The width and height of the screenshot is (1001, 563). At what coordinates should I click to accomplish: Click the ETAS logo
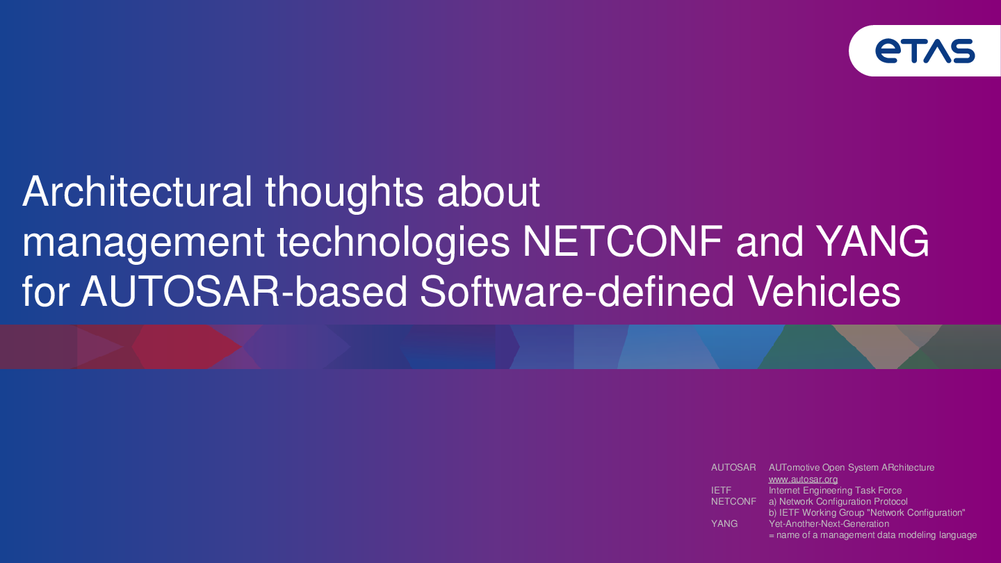point(925,51)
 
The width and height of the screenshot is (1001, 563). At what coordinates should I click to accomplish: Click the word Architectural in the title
point(137,191)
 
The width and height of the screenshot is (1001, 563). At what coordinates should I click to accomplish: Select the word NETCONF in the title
point(623,241)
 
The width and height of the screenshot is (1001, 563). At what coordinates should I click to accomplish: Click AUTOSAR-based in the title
point(244,291)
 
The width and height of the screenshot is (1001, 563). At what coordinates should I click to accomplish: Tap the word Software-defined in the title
point(576,291)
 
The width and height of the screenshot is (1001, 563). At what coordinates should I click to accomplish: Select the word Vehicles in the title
point(824,291)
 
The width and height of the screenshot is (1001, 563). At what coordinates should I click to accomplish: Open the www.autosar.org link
point(803,480)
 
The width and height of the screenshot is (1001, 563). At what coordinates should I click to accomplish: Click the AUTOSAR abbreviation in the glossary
point(733,467)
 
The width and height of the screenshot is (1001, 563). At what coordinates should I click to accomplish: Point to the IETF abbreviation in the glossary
point(722,490)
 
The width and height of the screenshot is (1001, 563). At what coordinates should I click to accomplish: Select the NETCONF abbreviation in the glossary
point(733,501)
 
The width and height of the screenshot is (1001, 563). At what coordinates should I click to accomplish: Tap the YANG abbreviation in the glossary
point(724,523)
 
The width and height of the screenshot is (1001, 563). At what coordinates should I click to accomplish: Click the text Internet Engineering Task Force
point(836,490)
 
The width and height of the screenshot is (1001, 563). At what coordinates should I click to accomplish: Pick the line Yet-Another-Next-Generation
point(829,523)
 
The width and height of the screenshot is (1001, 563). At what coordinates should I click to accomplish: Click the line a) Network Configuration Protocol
point(838,501)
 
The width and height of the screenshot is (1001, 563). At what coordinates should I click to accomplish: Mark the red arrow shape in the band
point(187,347)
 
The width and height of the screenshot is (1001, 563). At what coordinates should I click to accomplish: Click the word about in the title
point(489,191)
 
